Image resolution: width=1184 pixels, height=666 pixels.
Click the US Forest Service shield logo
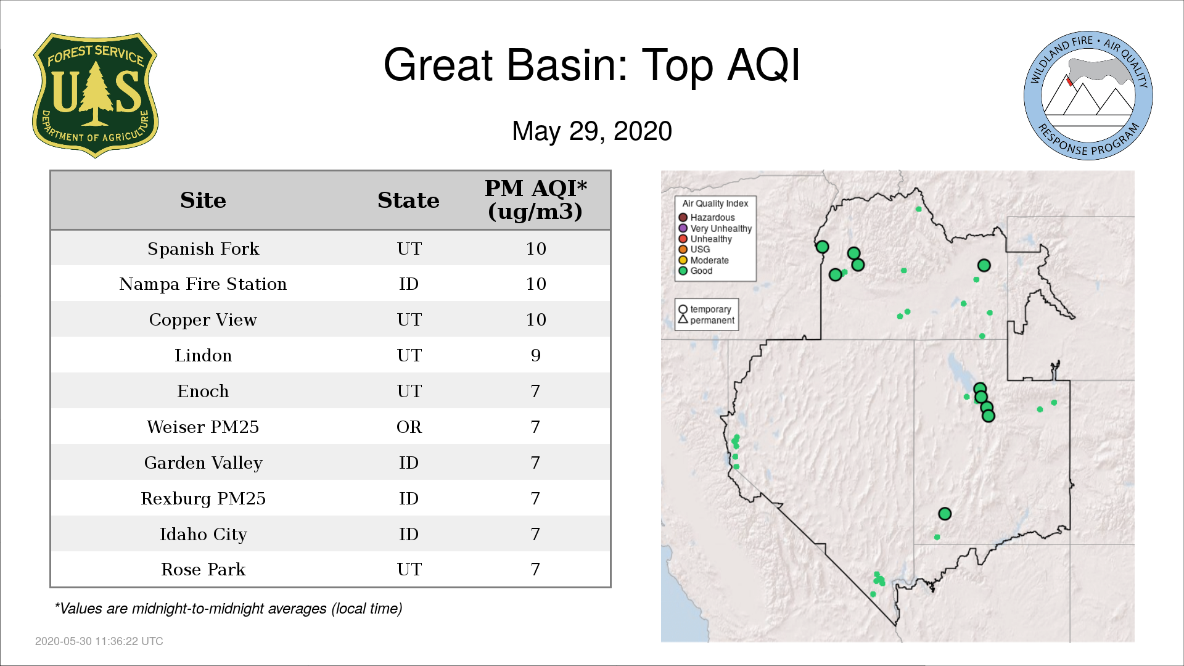[x=95, y=95]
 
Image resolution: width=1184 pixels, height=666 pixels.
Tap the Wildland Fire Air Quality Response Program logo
[x=1088, y=96]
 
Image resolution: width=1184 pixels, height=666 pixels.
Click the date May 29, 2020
[x=592, y=131]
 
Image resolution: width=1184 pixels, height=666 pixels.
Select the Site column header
[x=203, y=200]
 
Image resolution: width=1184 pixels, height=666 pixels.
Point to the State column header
[x=408, y=200]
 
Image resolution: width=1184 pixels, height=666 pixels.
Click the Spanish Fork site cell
[x=203, y=249]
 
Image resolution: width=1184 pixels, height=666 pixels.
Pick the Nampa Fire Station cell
[x=203, y=284]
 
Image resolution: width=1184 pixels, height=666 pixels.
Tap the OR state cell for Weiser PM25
[x=409, y=427]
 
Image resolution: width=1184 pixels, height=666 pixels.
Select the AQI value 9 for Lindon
[x=535, y=355]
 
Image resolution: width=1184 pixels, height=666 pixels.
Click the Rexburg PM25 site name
[x=203, y=498]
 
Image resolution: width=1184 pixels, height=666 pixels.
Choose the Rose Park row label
[x=203, y=569]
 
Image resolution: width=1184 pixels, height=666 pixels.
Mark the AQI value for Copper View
[x=536, y=319]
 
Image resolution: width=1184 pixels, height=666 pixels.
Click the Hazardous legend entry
[x=707, y=218]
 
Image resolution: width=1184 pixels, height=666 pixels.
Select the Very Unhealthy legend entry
[x=715, y=228]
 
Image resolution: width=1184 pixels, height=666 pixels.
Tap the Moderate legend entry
[x=704, y=260]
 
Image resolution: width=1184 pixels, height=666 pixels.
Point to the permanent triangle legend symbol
[x=683, y=319]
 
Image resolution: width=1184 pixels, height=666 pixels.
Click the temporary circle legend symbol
[x=683, y=310]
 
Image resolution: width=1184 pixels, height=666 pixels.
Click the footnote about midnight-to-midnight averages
[x=228, y=609]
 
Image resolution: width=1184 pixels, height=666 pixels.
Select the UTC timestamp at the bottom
[x=99, y=641]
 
